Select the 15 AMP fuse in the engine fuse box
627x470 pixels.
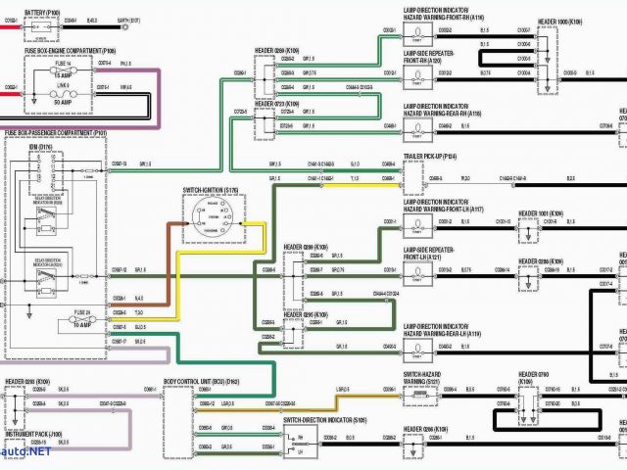click(64, 69)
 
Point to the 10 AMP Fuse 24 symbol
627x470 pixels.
click(82, 320)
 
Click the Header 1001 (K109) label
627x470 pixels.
click(542, 212)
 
